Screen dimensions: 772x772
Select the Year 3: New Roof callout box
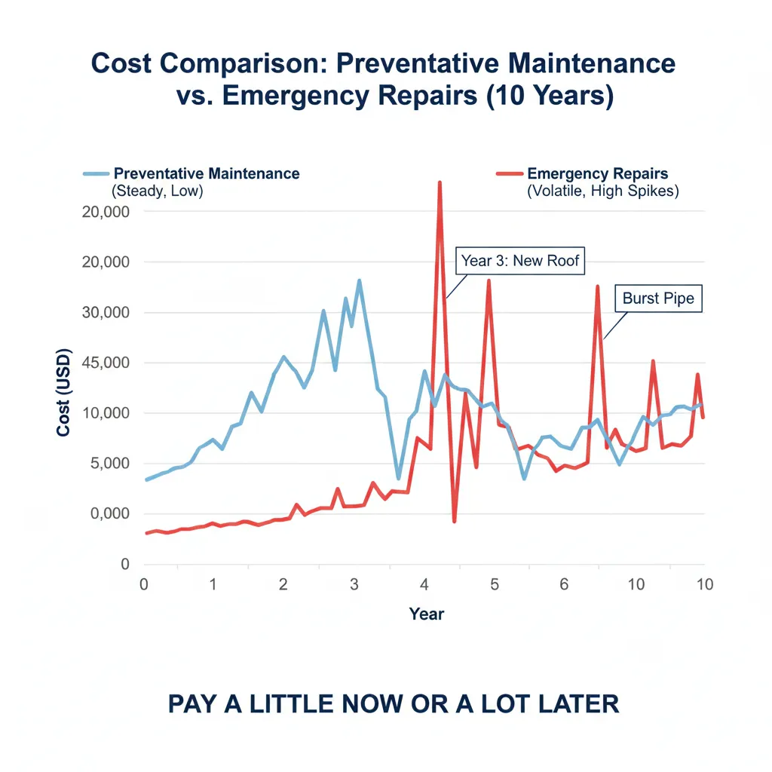point(520,262)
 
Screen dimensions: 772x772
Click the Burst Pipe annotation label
point(658,299)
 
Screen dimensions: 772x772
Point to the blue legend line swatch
point(96,174)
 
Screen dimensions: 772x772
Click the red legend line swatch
point(510,174)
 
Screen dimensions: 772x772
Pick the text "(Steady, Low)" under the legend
point(157,191)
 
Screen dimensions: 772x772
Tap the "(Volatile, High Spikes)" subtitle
point(602,191)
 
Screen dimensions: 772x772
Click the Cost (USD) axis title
point(63,392)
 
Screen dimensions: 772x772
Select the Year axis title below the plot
point(427,614)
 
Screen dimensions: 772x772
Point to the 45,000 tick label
point(105,363)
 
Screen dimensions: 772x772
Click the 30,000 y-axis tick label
point(105,312)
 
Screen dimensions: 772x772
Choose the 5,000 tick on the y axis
point(109,464)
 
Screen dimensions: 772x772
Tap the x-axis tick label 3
point(354,584)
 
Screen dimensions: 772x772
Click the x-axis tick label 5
point(494,584)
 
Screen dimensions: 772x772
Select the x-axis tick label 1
point(213,584)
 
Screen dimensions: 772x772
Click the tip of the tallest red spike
point(439,182)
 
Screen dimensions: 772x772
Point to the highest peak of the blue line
point(360,280)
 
